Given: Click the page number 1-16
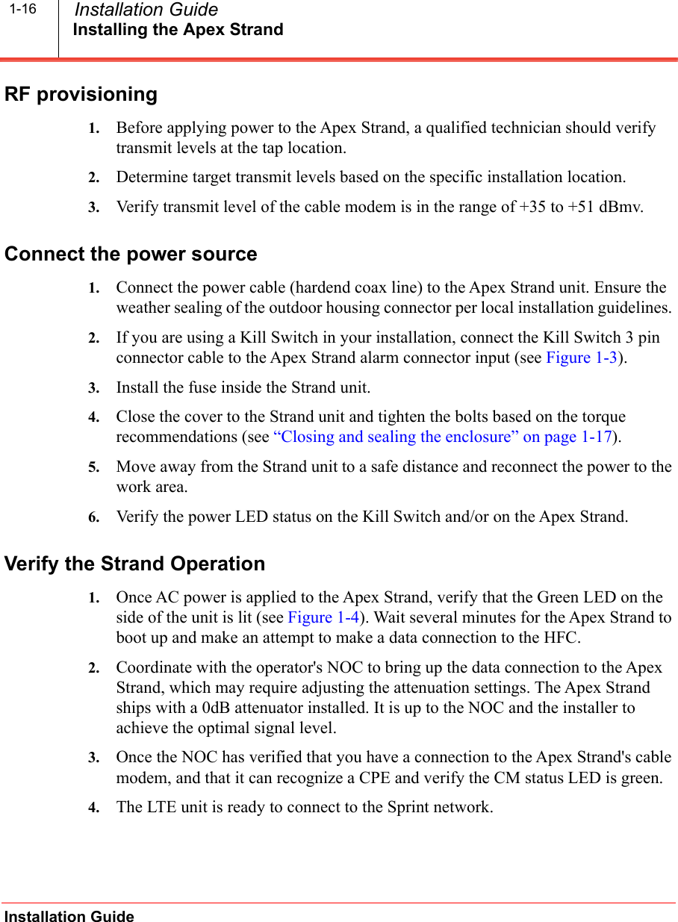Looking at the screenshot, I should [23, 10].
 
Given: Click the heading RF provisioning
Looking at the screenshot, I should [81, 95].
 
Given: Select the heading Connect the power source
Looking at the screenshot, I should [131, 255].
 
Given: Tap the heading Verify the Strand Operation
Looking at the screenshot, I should [134, 564].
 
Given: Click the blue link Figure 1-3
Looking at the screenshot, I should [582, 358].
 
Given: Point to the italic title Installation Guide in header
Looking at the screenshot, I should [146, 10].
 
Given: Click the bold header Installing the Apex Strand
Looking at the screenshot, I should [178, 31].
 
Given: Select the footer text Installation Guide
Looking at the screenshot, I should [69, 917].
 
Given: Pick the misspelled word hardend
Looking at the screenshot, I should [314, 287].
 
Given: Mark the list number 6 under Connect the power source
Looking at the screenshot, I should [93, 517].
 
